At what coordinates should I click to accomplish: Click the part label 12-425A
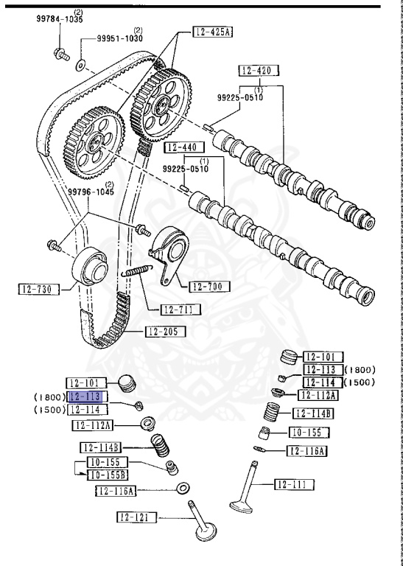[214, 32]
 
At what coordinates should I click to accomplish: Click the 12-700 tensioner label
[209, 286]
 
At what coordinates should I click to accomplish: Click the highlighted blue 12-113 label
[87, 396]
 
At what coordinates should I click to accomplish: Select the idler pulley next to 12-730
[91, 268]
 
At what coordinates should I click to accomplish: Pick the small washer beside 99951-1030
[79, 65]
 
